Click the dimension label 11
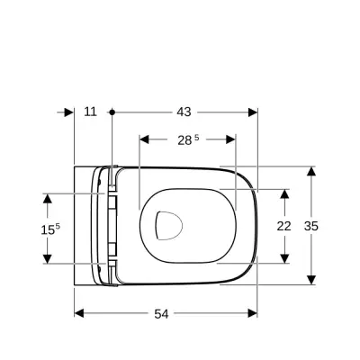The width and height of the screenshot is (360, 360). [90, 112]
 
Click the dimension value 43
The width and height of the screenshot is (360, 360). [184, 112]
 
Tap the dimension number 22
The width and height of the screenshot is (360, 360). [283, 226]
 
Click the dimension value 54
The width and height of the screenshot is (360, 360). [162, 314]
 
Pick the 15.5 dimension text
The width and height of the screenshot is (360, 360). [50, 229]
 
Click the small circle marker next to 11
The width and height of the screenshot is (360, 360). [111, 112]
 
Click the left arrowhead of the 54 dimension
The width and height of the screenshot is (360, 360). [78, 313]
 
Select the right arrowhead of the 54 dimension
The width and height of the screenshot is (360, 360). [253, 313]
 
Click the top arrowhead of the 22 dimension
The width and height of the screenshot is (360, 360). [283, 194]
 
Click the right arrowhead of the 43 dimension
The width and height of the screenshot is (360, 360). [253, 112]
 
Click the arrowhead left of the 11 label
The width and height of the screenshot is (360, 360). [68, 112]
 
